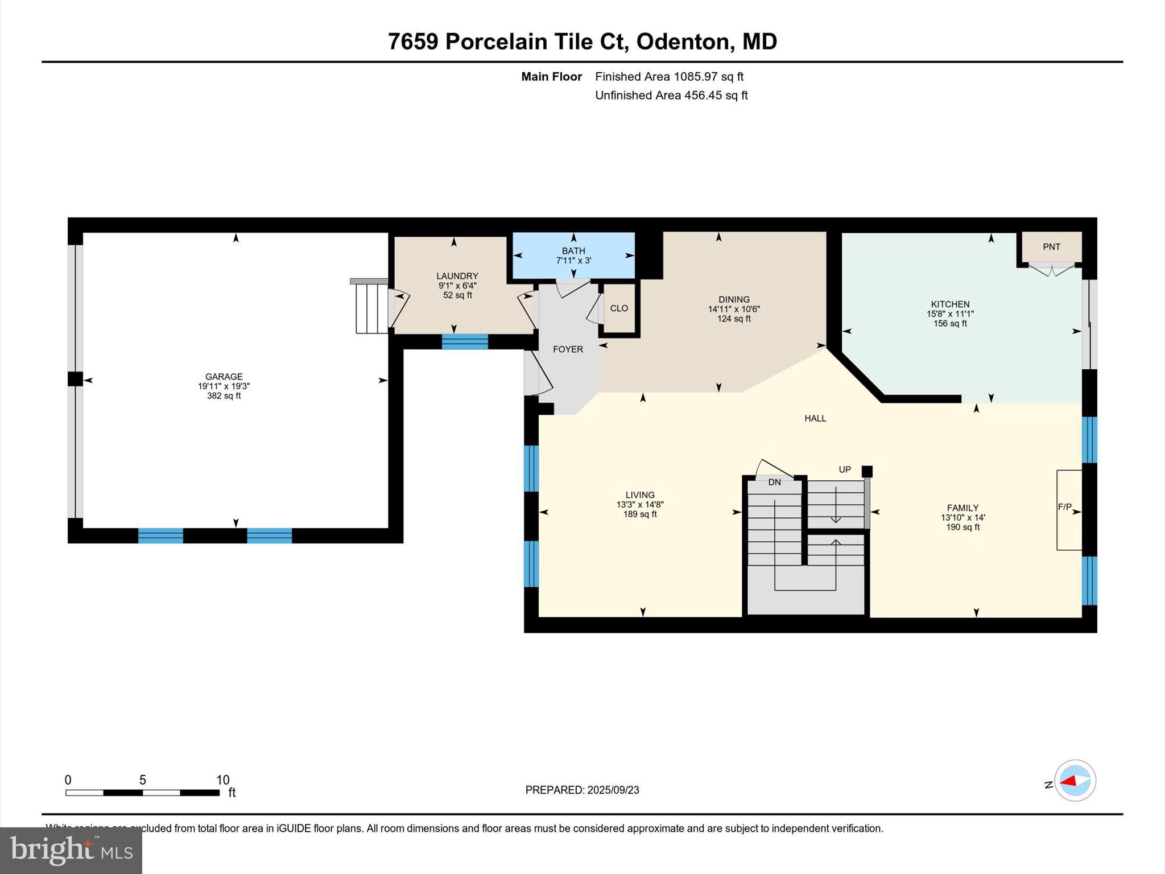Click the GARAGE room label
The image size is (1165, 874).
tap(224, 377)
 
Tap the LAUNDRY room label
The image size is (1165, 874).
tap(457, 276)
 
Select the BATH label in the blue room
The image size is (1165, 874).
tap(573, 251)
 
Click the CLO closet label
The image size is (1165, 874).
tap(619, 308)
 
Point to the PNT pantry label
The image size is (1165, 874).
tap(1051, 247)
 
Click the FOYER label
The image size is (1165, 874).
tap(568, 349)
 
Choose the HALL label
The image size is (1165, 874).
tap(815, 418)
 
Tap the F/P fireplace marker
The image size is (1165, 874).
tap(1065, 507)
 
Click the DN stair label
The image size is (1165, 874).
tap(774, 482)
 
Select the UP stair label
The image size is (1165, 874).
tap(845, 469)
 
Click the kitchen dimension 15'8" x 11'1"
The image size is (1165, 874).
tap(950, 314)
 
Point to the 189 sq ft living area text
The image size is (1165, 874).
tap(640, 514)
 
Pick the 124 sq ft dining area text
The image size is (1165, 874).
tap(734, 319)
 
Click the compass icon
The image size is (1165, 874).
tap(1075, 781)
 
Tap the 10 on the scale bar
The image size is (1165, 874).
tap(222, 780)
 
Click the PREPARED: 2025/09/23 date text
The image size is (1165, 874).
tap(582, 790)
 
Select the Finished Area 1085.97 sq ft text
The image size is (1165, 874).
tap(669, 77)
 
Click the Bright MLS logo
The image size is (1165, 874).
tap(71, 850)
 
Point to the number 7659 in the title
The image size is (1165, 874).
tap(413, 42)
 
